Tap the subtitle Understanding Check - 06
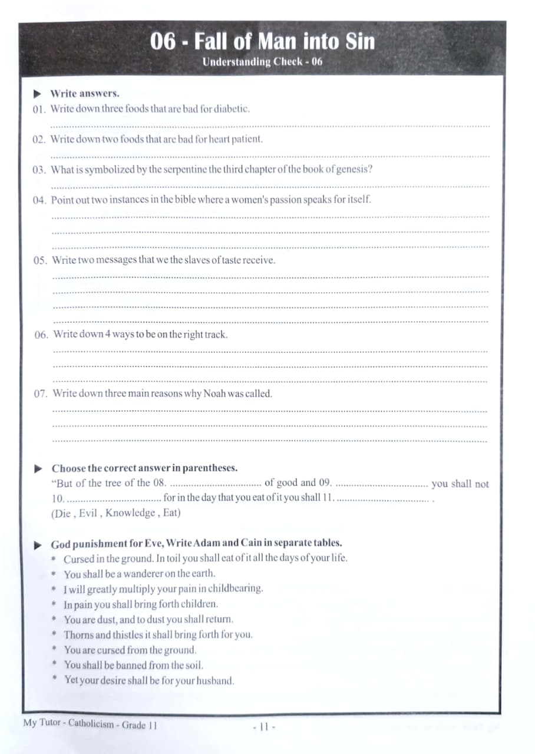coord(262,62)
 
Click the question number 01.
coord(39,110)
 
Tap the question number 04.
coord(39,200)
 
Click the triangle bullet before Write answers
coord(37,93)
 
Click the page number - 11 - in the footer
coord(260,726)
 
